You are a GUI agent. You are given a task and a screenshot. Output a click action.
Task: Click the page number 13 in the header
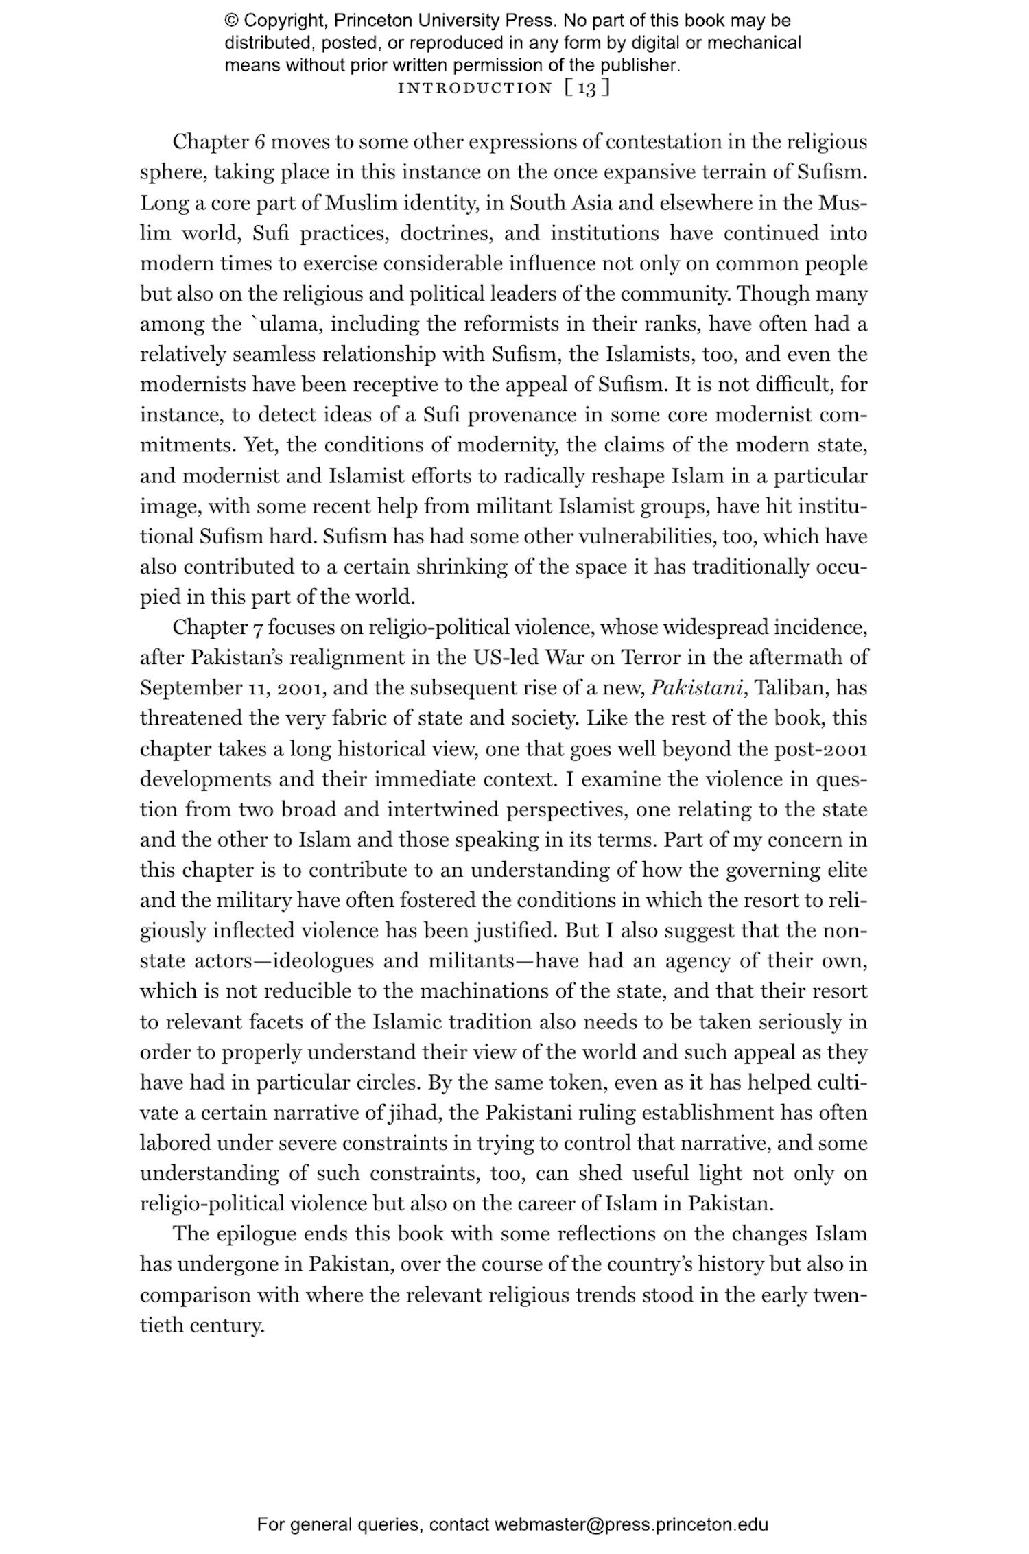(587, 88)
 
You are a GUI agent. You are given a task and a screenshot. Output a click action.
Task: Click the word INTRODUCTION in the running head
(475, 88)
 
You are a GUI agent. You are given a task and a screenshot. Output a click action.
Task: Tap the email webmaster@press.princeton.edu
(631, 1524)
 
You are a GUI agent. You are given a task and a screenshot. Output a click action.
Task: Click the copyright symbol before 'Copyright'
(231, 21)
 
